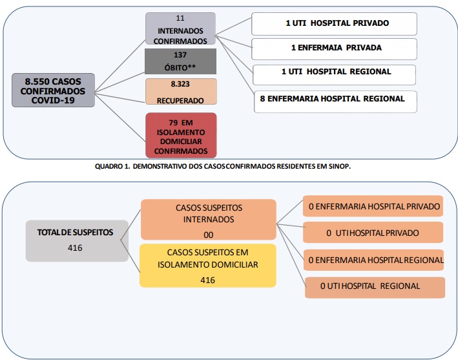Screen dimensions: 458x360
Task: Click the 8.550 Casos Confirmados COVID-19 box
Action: coord(53,90)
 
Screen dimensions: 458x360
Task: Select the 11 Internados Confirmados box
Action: coord(180,28)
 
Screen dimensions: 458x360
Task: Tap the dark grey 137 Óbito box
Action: coord(180,61)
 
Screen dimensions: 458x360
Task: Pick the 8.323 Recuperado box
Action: coord(181,92)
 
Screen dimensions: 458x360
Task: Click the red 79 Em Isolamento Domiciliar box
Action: coord(181,135)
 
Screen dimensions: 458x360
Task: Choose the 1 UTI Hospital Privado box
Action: coord(334,24)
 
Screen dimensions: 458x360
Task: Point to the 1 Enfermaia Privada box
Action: coord(334,49)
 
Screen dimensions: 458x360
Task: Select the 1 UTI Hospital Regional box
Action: coord(334,75)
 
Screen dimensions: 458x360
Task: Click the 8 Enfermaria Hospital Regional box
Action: coord(335,101)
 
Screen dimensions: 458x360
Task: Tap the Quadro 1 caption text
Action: coord(223,166)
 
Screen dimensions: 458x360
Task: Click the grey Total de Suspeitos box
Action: coord(77,241)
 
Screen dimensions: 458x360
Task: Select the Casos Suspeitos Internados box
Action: coord(209,220)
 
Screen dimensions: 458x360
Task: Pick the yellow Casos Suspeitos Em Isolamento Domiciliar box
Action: coord(208,266)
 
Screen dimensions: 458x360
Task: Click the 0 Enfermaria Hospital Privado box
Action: coord(373,206)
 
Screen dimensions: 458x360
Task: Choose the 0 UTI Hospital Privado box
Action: coord(373,232)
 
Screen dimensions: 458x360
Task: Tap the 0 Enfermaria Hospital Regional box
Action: coord(374,260)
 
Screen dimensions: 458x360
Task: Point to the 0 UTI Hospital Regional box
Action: coord(375,288)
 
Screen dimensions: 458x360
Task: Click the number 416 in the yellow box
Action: coord(207,281)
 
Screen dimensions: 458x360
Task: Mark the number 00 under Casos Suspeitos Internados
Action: coord(208,235)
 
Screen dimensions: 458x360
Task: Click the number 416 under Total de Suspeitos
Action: coord(75,248)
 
